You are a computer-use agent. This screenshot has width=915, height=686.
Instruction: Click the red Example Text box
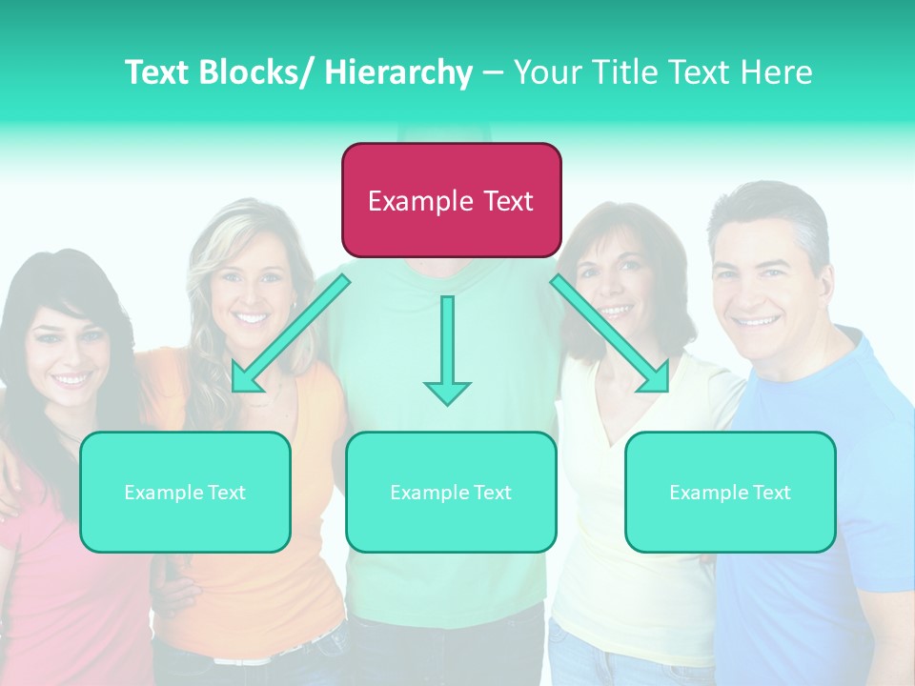point(451,200)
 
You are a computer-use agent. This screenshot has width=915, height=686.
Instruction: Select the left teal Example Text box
point(185,492)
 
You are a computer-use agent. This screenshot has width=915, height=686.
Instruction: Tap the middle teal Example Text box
point(451,492)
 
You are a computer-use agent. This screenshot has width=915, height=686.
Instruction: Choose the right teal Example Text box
point(730,492)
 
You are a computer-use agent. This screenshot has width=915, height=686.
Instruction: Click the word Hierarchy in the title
point(398,72)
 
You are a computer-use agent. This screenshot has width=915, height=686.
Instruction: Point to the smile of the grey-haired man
point(757,321)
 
